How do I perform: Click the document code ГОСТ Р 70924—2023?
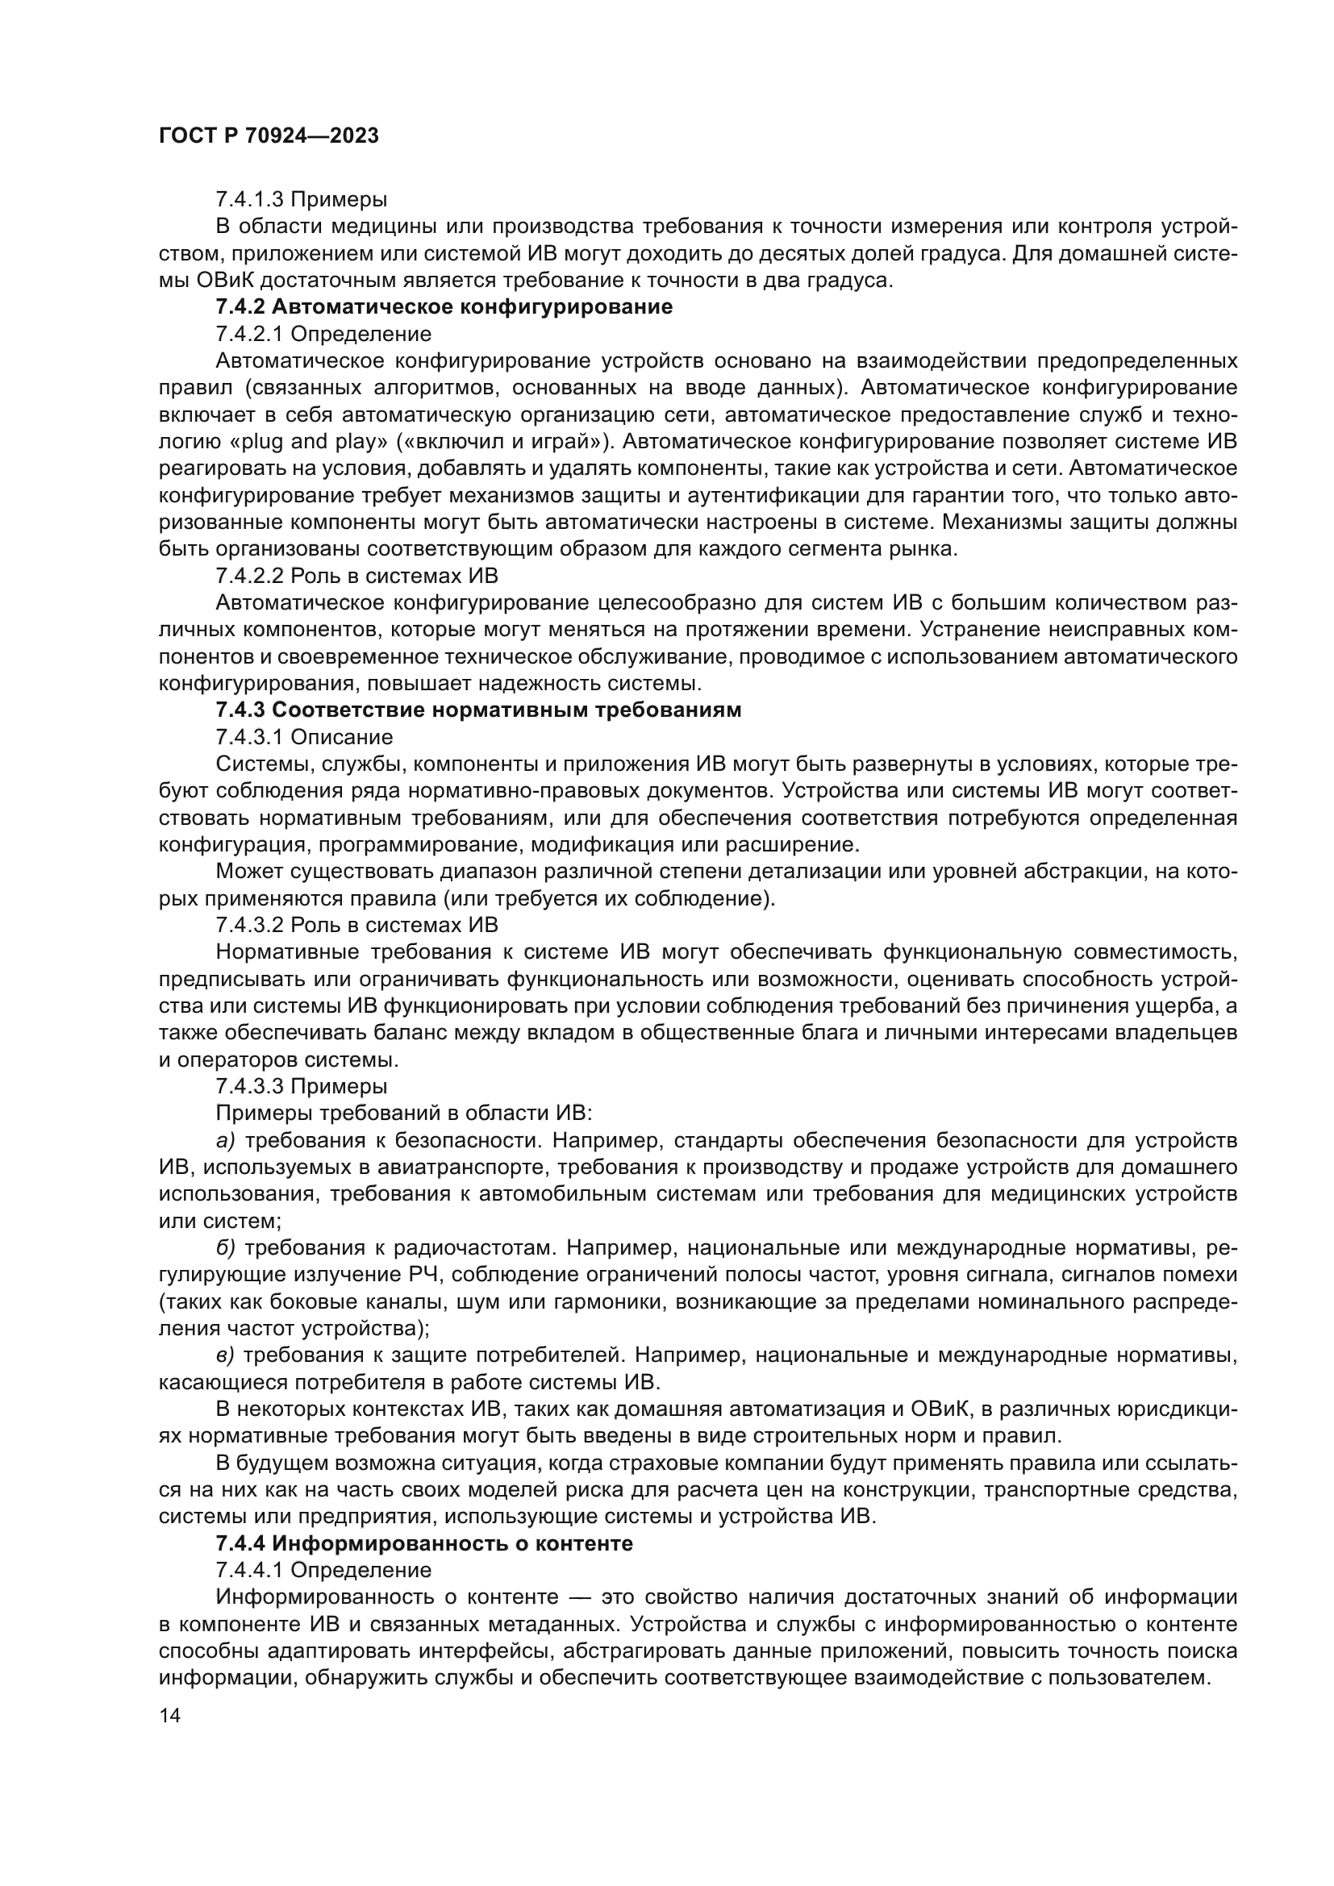pos(269,136)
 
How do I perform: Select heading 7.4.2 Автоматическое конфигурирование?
pos(444,307)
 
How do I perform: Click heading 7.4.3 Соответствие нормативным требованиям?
pos(478,710)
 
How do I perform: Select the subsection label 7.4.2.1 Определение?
pos(323,335)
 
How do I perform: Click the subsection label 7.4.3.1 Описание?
pos(304,737)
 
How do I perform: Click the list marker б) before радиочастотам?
pos(225,1247)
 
